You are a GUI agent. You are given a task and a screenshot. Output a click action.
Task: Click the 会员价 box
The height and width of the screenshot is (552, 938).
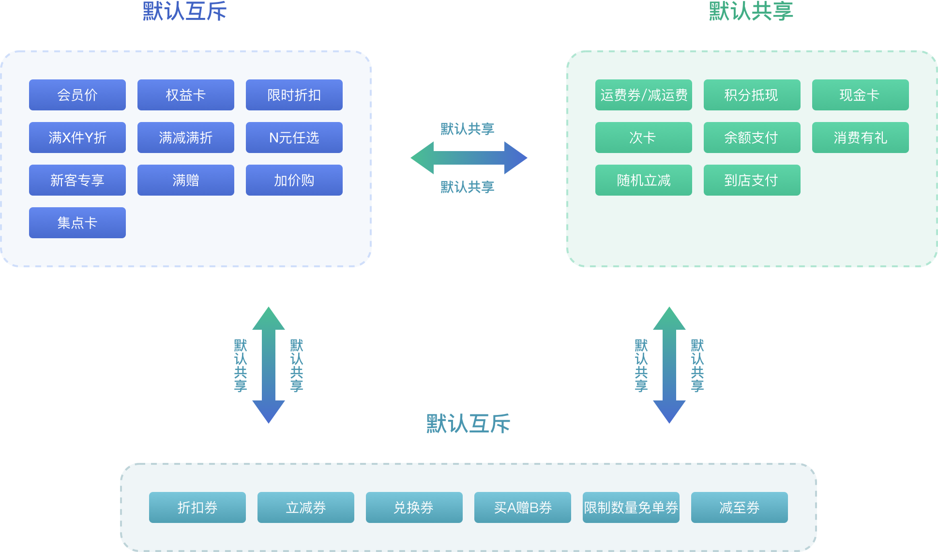click(77, 95)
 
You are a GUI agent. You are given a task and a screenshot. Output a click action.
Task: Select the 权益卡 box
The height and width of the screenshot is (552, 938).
click(186, 95)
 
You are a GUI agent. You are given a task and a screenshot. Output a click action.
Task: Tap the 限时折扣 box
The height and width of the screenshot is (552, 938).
click(294, 95)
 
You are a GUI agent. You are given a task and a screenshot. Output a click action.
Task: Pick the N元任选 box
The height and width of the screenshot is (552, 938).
click(294, 138)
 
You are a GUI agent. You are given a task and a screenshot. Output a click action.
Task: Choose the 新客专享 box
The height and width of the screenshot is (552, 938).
click(77, 180)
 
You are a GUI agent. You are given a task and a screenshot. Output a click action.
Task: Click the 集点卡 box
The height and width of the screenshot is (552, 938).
click(77, 223)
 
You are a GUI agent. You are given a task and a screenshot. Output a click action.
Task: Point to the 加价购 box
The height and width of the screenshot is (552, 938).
click(294, 180)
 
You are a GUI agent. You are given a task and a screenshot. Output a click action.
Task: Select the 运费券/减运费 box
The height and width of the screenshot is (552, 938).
click(644, 95)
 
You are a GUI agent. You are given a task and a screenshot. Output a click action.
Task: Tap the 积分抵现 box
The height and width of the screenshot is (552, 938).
click(752, 95)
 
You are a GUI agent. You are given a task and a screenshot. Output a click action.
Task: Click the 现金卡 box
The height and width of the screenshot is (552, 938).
click(861, 95)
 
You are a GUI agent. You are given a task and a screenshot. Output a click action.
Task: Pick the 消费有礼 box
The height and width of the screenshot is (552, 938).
click(861, 138)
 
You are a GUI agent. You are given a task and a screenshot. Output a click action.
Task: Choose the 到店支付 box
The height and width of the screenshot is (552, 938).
click(752, 180)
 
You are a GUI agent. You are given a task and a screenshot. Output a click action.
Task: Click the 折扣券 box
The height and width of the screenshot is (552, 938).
click(197, 507)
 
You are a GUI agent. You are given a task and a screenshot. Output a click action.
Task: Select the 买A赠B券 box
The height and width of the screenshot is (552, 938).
click(523, 507)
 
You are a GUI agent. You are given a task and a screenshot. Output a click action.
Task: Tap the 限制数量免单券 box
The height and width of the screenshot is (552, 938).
click(631, 507)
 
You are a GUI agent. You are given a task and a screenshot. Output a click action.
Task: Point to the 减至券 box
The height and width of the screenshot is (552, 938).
click(740, 507)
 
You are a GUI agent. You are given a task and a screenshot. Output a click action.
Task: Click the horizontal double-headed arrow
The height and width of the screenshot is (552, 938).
click(469, 158)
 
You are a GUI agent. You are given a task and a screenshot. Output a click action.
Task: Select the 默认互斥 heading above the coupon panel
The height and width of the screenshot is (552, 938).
click(468, 424)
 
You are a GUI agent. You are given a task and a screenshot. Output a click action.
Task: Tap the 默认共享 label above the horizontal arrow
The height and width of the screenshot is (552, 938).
click(467, 129)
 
